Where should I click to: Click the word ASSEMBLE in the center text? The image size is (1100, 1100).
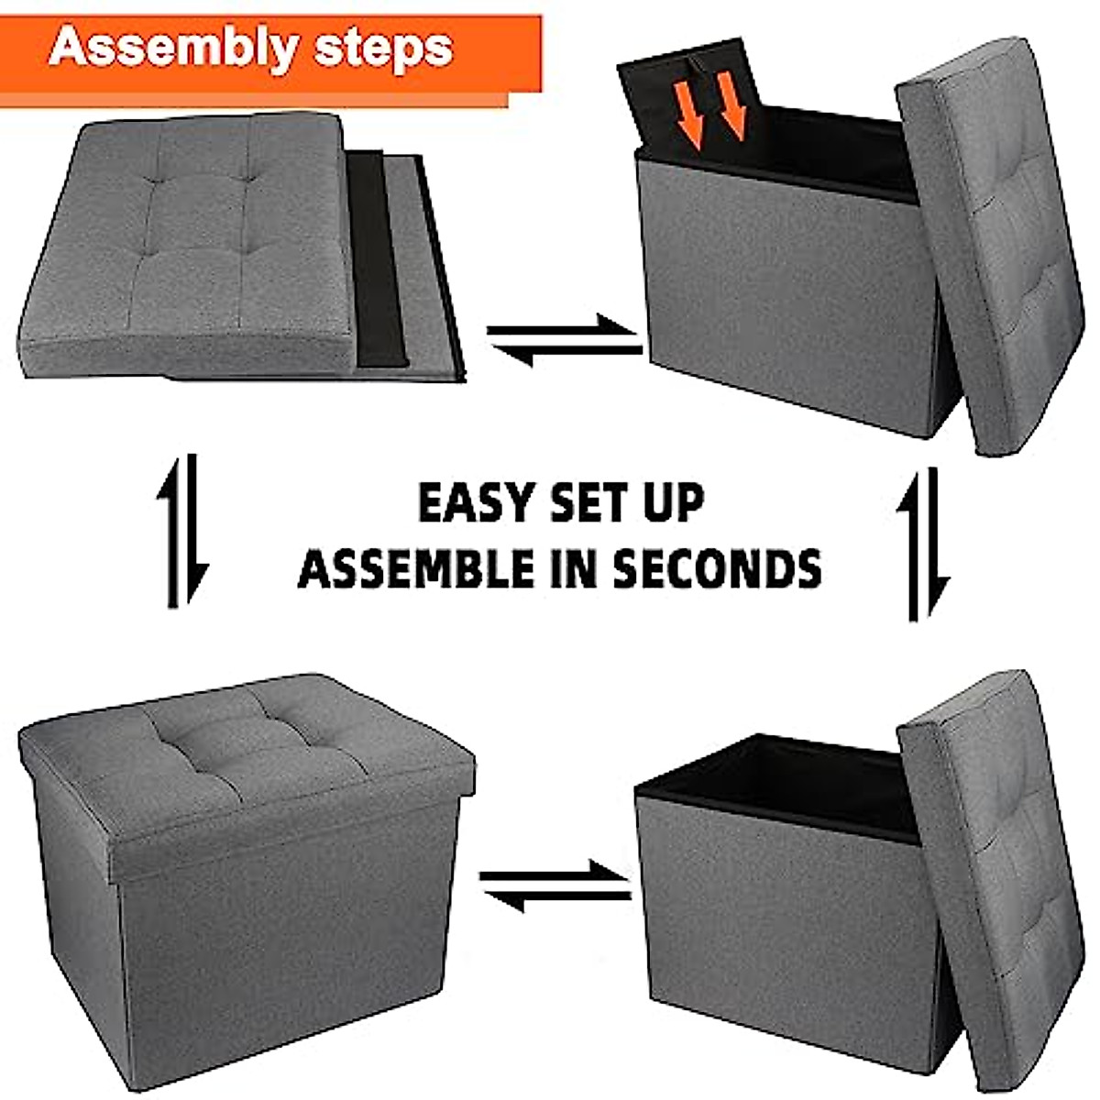coord(416,568)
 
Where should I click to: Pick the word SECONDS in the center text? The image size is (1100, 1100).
coord(716,568)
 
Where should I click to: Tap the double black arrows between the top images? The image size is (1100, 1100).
coord(564,340)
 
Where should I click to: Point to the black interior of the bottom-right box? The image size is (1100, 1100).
coord(779,779)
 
